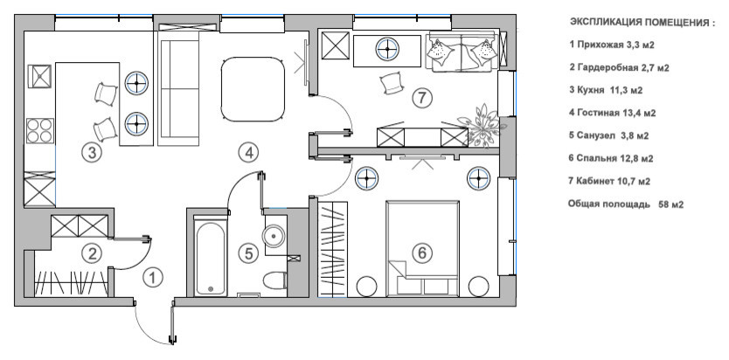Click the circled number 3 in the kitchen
tap(92, 152)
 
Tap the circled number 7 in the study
tap(422, 98)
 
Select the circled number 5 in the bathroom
tap(248, 253)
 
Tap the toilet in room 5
tap(274, 280)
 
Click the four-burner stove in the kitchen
tap(40, 130)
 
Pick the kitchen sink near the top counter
tap(39, 76)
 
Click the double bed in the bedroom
tap(422, 248)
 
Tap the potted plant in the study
tap(483, 124)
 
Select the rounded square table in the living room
tap(253, 89)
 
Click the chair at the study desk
tap(390, 83)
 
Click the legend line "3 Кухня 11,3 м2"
tap(606, 90)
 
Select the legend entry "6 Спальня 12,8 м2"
tap(610, 158)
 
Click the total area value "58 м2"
tap(671, 204)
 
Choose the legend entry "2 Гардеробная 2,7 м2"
tap(619, 68)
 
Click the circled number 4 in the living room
tap(249, 152)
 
